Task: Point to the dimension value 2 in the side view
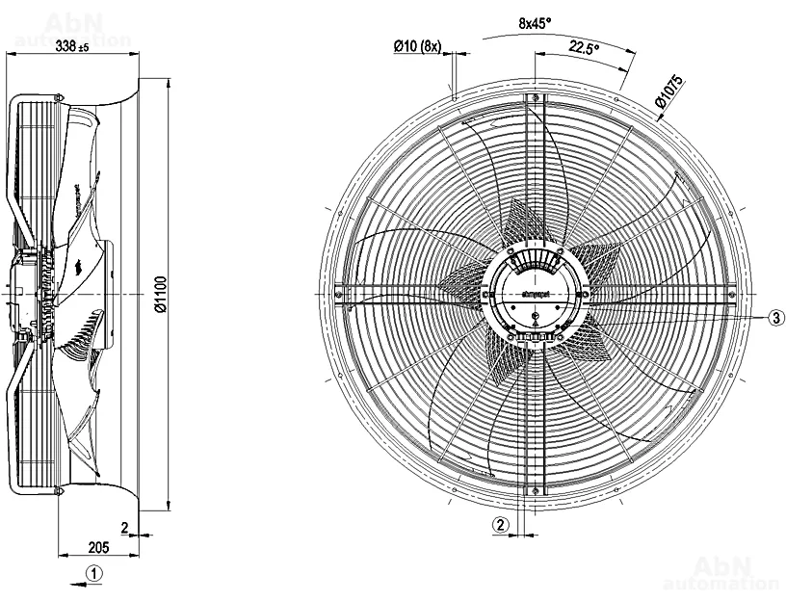click(x=124, y=527)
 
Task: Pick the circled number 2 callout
click(x=500, y=525)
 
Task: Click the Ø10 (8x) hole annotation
click(x=417, y=44)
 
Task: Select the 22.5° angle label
click(x=584, y=46)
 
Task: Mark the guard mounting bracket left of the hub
click(x=338, y=293)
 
